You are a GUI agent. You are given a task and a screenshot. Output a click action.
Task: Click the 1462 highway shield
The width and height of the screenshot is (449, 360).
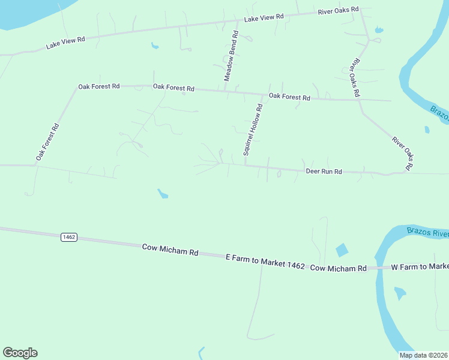click(x=69, y=237)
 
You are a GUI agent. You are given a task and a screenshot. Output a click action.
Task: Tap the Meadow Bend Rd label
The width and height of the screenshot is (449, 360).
click(x=232, y=56)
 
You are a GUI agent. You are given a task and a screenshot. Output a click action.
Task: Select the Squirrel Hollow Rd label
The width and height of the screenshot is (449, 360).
click(x=253, y=130)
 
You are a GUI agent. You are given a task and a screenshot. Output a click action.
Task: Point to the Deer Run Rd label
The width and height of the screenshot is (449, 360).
click(x=324, y=172)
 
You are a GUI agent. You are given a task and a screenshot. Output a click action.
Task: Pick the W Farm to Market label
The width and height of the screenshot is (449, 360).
click(x=420, y=266)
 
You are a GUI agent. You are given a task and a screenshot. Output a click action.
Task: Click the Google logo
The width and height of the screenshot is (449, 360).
click(x=20, y=353)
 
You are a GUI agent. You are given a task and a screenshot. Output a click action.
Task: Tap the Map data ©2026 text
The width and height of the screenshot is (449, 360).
click(x=423, y=355)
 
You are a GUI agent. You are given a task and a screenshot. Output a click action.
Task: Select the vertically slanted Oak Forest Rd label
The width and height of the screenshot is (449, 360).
click(x=47, y=142)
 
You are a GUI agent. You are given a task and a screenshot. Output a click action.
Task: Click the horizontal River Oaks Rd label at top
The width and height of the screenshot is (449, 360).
click(x=338, y=10)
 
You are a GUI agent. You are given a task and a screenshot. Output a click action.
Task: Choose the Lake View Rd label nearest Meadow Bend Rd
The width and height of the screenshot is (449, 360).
click(x=264, y=17)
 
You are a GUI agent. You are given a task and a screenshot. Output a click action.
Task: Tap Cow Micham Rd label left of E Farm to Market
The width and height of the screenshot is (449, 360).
click(x=170, y=250)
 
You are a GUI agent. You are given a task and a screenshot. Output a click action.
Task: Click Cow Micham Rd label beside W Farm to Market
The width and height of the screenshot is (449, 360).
click(x=338, y=268)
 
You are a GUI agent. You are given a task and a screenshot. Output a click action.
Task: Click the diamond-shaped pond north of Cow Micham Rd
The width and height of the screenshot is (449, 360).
click(x=342, y=250)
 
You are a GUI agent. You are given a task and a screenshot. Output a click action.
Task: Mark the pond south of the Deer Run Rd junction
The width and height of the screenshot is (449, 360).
click(x=163, y=193)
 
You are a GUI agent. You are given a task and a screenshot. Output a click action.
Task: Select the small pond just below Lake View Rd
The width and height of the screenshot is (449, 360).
click(x=155, y=45)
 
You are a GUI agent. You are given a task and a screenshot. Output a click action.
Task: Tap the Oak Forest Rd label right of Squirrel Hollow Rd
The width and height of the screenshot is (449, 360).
click(x=289, y=97)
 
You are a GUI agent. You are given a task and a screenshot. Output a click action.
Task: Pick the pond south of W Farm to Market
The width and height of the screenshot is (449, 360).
click(x=399, y=293)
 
